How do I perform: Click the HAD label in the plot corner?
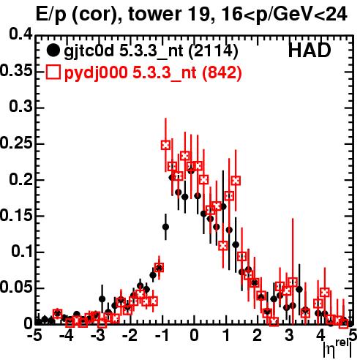point(310,50)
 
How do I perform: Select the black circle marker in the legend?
point(53,50)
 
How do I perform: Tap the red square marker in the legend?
point(53,72)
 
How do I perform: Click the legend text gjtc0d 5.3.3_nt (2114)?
point(151,51)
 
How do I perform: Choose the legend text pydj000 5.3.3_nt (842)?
point(153,72)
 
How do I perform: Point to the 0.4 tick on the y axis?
point(21,34)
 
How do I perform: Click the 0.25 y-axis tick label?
point(16,143)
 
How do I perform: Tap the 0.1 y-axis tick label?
point(22,252)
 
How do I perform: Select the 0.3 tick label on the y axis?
point(21,107)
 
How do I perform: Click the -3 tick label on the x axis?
point(98,335)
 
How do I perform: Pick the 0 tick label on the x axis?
point(194,335)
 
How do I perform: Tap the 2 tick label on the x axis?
point(258,335)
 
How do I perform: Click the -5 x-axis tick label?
point(35,335)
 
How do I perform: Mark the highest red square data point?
point(165,145)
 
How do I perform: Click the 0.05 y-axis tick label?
point(16,288)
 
